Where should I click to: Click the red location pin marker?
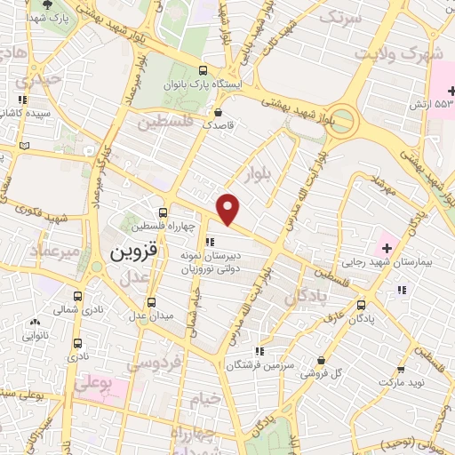click(228, 209)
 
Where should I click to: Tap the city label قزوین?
click(134, 251)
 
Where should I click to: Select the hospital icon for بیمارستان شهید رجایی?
click(387, 240)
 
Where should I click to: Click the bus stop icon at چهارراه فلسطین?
click(162, 212)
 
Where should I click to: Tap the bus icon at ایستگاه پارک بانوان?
click(204, 71)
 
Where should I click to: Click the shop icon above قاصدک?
click(218, 112)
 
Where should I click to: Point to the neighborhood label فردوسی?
click(153, 363)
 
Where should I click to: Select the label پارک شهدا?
click(47, 16)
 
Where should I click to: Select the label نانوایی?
click(36, 335)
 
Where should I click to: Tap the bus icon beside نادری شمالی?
click(77, 296)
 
